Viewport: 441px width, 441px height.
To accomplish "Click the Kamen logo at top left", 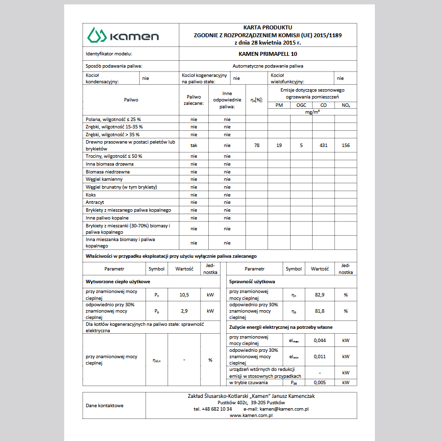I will click(122, 35).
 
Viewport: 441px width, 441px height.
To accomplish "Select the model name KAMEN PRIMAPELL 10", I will click(268, 54).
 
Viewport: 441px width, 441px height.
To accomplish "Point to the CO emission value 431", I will click(323, 145).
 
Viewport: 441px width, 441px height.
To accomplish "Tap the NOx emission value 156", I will click(345, 145).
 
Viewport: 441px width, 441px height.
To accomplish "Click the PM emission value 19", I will click(279, 145).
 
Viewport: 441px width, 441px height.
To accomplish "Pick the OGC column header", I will click(301, 105).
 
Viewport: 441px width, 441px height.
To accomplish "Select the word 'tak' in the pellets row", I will click(194, 145).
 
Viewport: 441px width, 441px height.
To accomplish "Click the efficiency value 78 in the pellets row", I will click(257, 145).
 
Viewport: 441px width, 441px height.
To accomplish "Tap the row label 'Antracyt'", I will click(95, 202).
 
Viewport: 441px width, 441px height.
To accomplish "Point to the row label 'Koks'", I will click(91, 195).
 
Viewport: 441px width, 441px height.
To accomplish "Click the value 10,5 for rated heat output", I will click(184, 295).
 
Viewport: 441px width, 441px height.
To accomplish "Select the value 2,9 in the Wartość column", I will click(184, 311).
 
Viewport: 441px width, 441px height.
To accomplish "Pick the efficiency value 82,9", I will click(319, 295).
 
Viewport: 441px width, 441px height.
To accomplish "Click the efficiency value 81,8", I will click(319, 311).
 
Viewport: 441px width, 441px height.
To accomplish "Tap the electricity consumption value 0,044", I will click(319, 340).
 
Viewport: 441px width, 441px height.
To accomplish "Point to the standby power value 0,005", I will click(319, 382).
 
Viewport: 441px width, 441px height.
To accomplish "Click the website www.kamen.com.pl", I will click(251, 415).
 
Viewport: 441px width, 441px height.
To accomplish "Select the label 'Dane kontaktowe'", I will click(104, 405).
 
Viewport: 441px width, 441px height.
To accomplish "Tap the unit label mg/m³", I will click(312, 112).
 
